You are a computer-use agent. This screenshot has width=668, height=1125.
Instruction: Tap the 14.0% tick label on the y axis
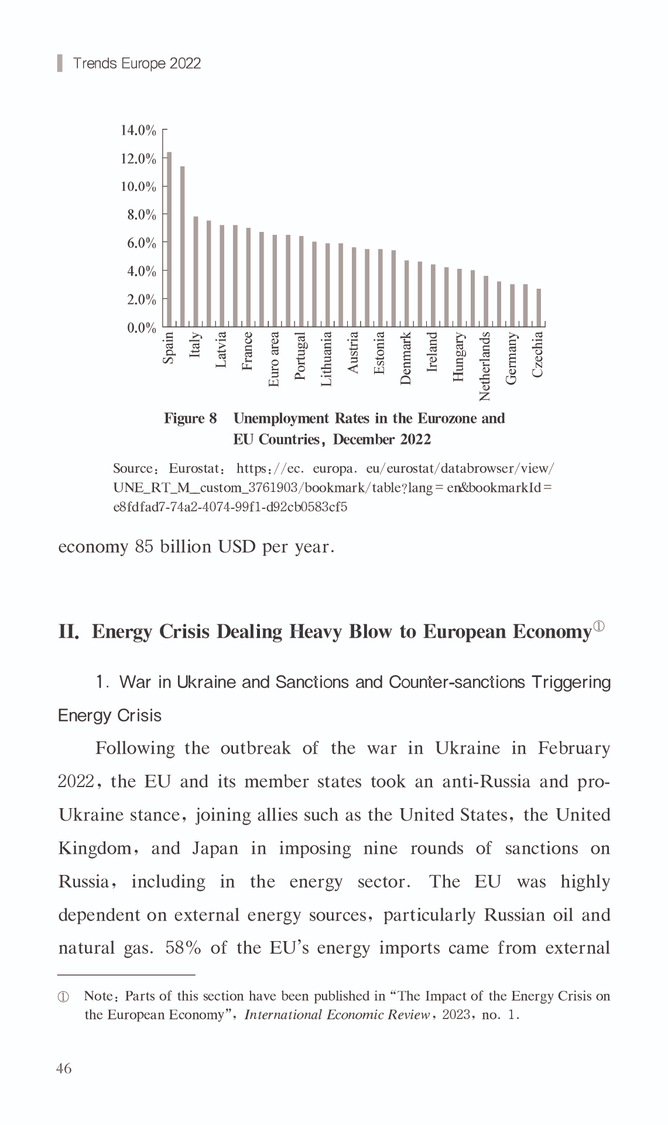coord(139,130)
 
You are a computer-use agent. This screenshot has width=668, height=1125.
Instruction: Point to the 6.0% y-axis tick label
coord(142,243)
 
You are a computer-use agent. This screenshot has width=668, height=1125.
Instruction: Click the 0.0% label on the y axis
coord(142,327)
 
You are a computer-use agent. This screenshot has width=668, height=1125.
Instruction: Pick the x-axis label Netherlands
coord(485,367)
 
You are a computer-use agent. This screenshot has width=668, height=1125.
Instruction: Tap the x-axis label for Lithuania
coord(327,359)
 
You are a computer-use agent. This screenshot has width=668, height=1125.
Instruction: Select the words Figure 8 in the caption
coord(190,418)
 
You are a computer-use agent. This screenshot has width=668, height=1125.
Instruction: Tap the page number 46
coord(64,1068)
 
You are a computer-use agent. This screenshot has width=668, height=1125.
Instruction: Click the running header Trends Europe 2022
coord(136,63)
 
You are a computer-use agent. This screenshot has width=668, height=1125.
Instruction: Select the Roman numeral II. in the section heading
coord(68,632)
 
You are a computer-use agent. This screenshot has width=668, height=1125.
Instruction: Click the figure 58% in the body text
coord(183,948)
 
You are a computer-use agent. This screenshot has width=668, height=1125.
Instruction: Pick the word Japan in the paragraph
coord(215,849)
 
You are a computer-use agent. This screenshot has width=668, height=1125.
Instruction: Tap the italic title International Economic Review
coord(337,1015)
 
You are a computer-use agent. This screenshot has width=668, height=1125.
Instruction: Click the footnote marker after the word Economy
coord(598,627)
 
